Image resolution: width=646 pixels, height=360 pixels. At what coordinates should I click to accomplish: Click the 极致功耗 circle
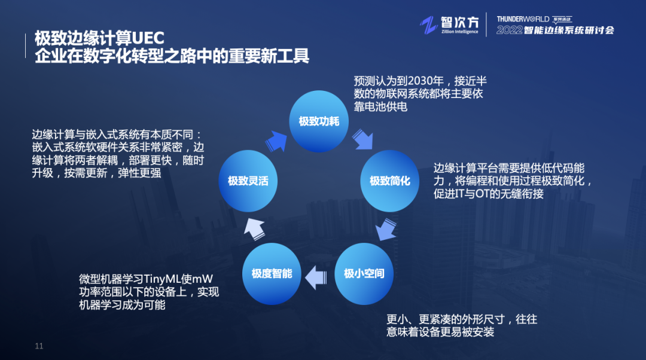319,121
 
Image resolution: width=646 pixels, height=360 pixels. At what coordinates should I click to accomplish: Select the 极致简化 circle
390,181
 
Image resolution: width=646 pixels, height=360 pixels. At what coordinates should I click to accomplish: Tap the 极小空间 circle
364,273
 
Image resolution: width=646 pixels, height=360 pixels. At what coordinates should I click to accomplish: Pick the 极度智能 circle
272,273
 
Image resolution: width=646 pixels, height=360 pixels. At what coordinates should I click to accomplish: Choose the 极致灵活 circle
248,181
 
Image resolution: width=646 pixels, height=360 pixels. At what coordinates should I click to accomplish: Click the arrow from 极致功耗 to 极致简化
363,139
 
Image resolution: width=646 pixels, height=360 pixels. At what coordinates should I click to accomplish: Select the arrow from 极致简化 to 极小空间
386,229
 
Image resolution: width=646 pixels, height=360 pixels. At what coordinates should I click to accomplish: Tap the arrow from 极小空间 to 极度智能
316,277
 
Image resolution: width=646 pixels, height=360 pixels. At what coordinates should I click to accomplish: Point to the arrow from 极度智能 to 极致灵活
255,228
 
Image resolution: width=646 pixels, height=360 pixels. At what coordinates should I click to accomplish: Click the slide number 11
39,346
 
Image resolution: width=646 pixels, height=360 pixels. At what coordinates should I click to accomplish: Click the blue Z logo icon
428,25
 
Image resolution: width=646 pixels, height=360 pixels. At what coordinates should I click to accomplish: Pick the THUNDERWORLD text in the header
523,19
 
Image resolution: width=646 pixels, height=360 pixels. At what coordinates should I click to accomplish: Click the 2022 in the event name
509,30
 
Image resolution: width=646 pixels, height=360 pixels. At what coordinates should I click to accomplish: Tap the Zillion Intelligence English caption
460,31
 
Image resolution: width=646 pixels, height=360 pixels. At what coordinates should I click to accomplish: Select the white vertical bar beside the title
26,45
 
